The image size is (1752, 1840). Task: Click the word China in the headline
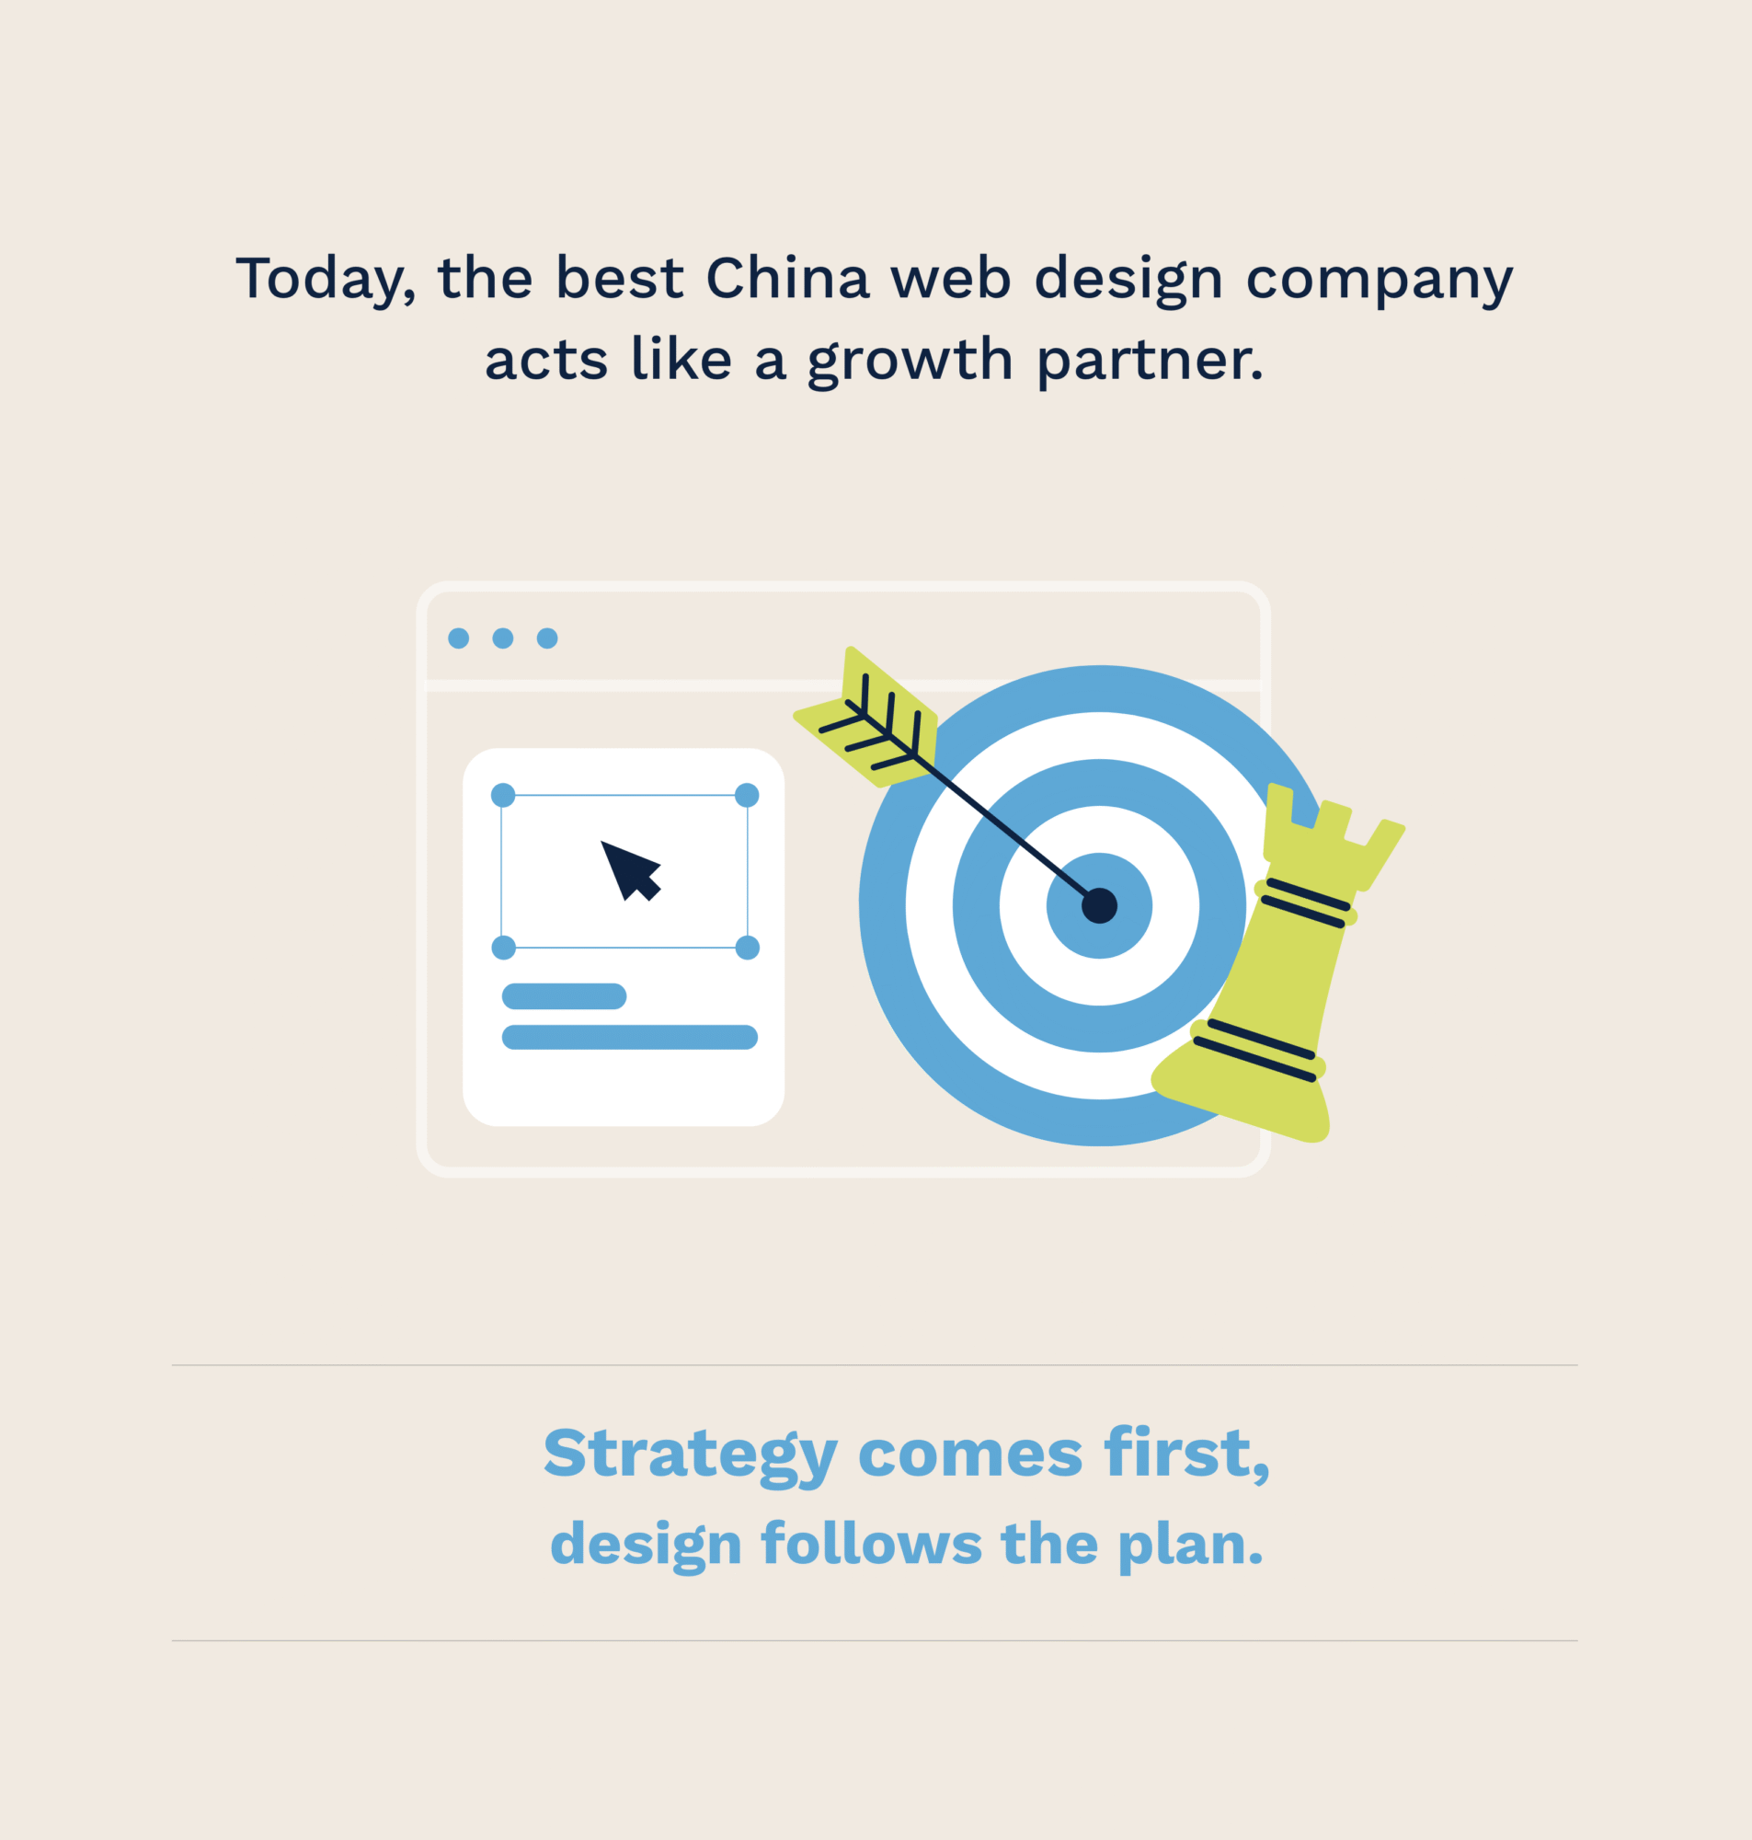[x=787, y=278]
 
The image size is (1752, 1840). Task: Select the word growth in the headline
[x=910, y=362]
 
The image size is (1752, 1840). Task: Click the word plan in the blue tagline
[x=1190, y=1546]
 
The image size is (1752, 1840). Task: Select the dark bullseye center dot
[x=1099, y=905]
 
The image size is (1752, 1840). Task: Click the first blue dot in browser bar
[x=459, y=638]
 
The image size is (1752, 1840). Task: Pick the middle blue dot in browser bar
[x=502, y=638]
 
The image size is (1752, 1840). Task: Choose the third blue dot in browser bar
[x=547, y=638]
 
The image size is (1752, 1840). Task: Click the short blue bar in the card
[x=564, y=996]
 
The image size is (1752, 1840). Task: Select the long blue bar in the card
[x=629, y=1038]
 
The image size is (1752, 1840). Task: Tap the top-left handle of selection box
[x=503, y=795]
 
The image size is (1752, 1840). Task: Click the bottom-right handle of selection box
[x=747, y=948]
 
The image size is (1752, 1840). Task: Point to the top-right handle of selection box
[x=747, y=795]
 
